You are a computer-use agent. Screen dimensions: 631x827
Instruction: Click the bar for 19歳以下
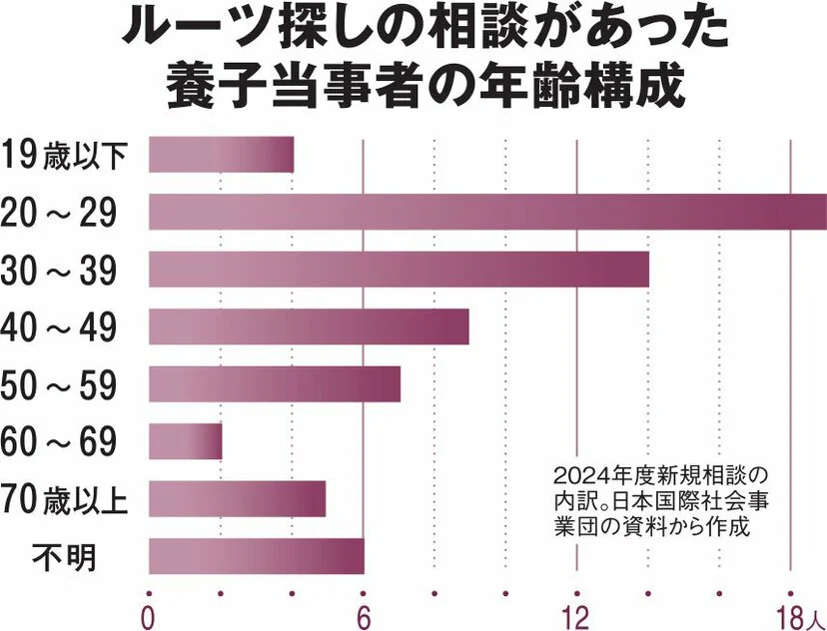221,155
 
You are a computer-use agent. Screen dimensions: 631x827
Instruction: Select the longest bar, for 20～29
487,213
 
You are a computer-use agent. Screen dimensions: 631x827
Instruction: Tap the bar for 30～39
399,270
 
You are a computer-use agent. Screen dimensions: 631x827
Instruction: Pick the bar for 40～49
309,326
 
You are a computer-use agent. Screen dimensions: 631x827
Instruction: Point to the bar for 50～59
274,384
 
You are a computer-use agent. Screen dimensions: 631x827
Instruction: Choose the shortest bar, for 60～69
185,441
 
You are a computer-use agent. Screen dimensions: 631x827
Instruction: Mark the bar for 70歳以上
237,499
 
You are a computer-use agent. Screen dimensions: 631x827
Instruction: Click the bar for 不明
256,556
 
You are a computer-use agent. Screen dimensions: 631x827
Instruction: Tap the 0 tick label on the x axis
149,614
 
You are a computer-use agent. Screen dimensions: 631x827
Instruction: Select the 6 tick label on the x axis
364,614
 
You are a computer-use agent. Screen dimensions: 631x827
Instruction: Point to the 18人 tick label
797,614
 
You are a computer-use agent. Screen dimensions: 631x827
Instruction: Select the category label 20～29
60,213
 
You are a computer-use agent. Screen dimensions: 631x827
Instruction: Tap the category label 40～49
60,327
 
